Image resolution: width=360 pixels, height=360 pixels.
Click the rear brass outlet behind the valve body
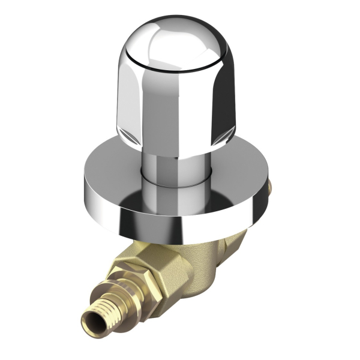click(240, 240)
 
